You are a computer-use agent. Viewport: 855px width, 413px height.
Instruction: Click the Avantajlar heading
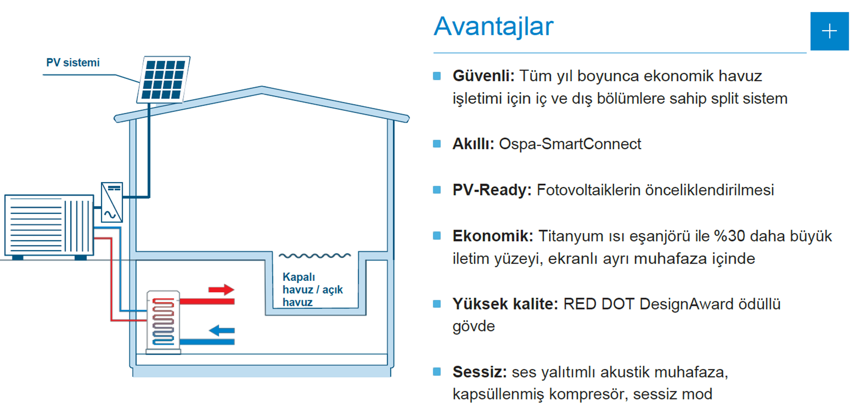(494, 27)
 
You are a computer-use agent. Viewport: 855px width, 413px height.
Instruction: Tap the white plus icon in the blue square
(830, 31)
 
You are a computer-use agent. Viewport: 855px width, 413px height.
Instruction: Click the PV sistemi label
(73, 62)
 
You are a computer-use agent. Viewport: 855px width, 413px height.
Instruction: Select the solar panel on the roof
(164, 80)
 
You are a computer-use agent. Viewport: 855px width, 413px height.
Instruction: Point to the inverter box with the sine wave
(112, 202)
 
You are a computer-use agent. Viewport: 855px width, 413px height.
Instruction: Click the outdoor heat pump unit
(49, 226)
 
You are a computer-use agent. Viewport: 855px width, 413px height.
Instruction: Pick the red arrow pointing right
(222, 290)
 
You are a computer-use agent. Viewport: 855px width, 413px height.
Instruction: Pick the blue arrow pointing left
(222, 330)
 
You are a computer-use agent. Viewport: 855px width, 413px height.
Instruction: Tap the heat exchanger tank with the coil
(163, 322)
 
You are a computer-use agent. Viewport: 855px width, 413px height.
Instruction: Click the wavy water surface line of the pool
(315, 255)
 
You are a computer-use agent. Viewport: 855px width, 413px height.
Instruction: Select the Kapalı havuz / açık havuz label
(313, 289)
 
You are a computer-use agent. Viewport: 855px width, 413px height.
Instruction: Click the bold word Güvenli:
(484, 76)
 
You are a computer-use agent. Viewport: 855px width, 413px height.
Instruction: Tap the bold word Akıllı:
(473, 144)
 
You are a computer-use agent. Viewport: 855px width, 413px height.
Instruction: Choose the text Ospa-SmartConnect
(570, 144)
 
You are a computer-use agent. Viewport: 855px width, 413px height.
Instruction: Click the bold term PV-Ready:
(492, 190)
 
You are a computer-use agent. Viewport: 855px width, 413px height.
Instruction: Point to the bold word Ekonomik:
(493, 236)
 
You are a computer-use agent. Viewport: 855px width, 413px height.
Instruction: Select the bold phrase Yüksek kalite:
(506, 304)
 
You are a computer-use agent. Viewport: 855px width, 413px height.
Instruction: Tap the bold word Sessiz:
(480, 372)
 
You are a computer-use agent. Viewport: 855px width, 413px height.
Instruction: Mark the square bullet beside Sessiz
(437, 372)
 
